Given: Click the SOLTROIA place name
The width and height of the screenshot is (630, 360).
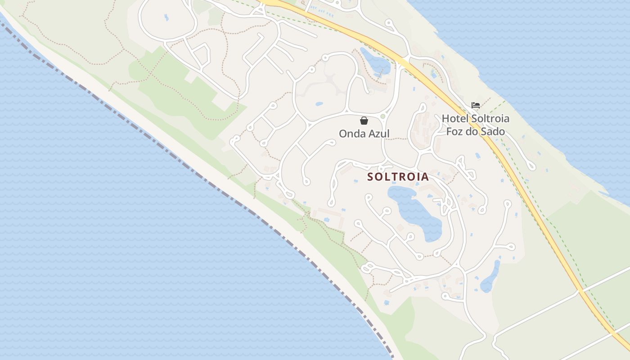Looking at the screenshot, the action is (398, 177).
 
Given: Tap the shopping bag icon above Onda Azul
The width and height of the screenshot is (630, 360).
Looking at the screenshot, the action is (364, 121).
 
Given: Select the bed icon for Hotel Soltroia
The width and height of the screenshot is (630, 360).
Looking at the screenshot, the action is (475, 106).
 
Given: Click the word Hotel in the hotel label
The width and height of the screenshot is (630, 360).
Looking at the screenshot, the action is (455, 119).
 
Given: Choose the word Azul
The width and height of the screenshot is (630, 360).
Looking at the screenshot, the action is (379, 134).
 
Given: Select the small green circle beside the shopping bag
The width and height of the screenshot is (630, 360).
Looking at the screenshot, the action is (383, 117).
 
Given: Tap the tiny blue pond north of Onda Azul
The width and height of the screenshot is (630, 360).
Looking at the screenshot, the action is (319, 103).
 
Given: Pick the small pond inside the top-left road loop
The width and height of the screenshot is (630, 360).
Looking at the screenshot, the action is (166, 18).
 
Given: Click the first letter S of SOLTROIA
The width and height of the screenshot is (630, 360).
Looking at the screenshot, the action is (370, 177).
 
